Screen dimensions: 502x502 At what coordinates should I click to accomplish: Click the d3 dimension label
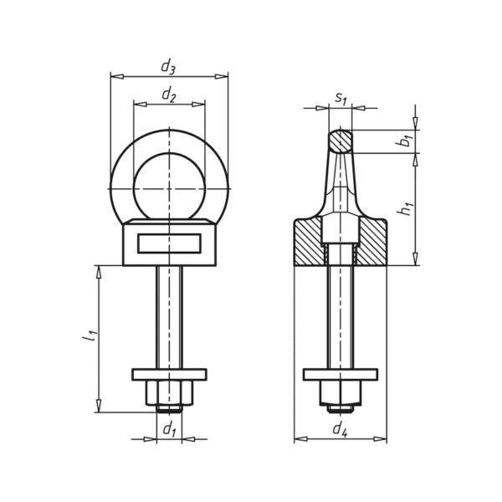pyautogui.click(x=168, y=68)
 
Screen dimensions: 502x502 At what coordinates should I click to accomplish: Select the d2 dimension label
pyautogui.click(x=169, y=95)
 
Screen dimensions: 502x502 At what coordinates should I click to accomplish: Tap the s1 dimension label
pyautogui.click(x=341, y=98)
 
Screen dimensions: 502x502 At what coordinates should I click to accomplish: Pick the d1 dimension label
pyautogui.click(x=170, y=429)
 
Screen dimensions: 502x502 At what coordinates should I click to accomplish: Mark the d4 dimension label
pyautogui.click(x=340, y=429)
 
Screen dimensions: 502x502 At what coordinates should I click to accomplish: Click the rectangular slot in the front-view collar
pyautogui.click(x=170, y=243)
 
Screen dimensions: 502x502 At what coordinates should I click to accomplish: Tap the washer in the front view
pyautogui.click(x=169, y=375)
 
